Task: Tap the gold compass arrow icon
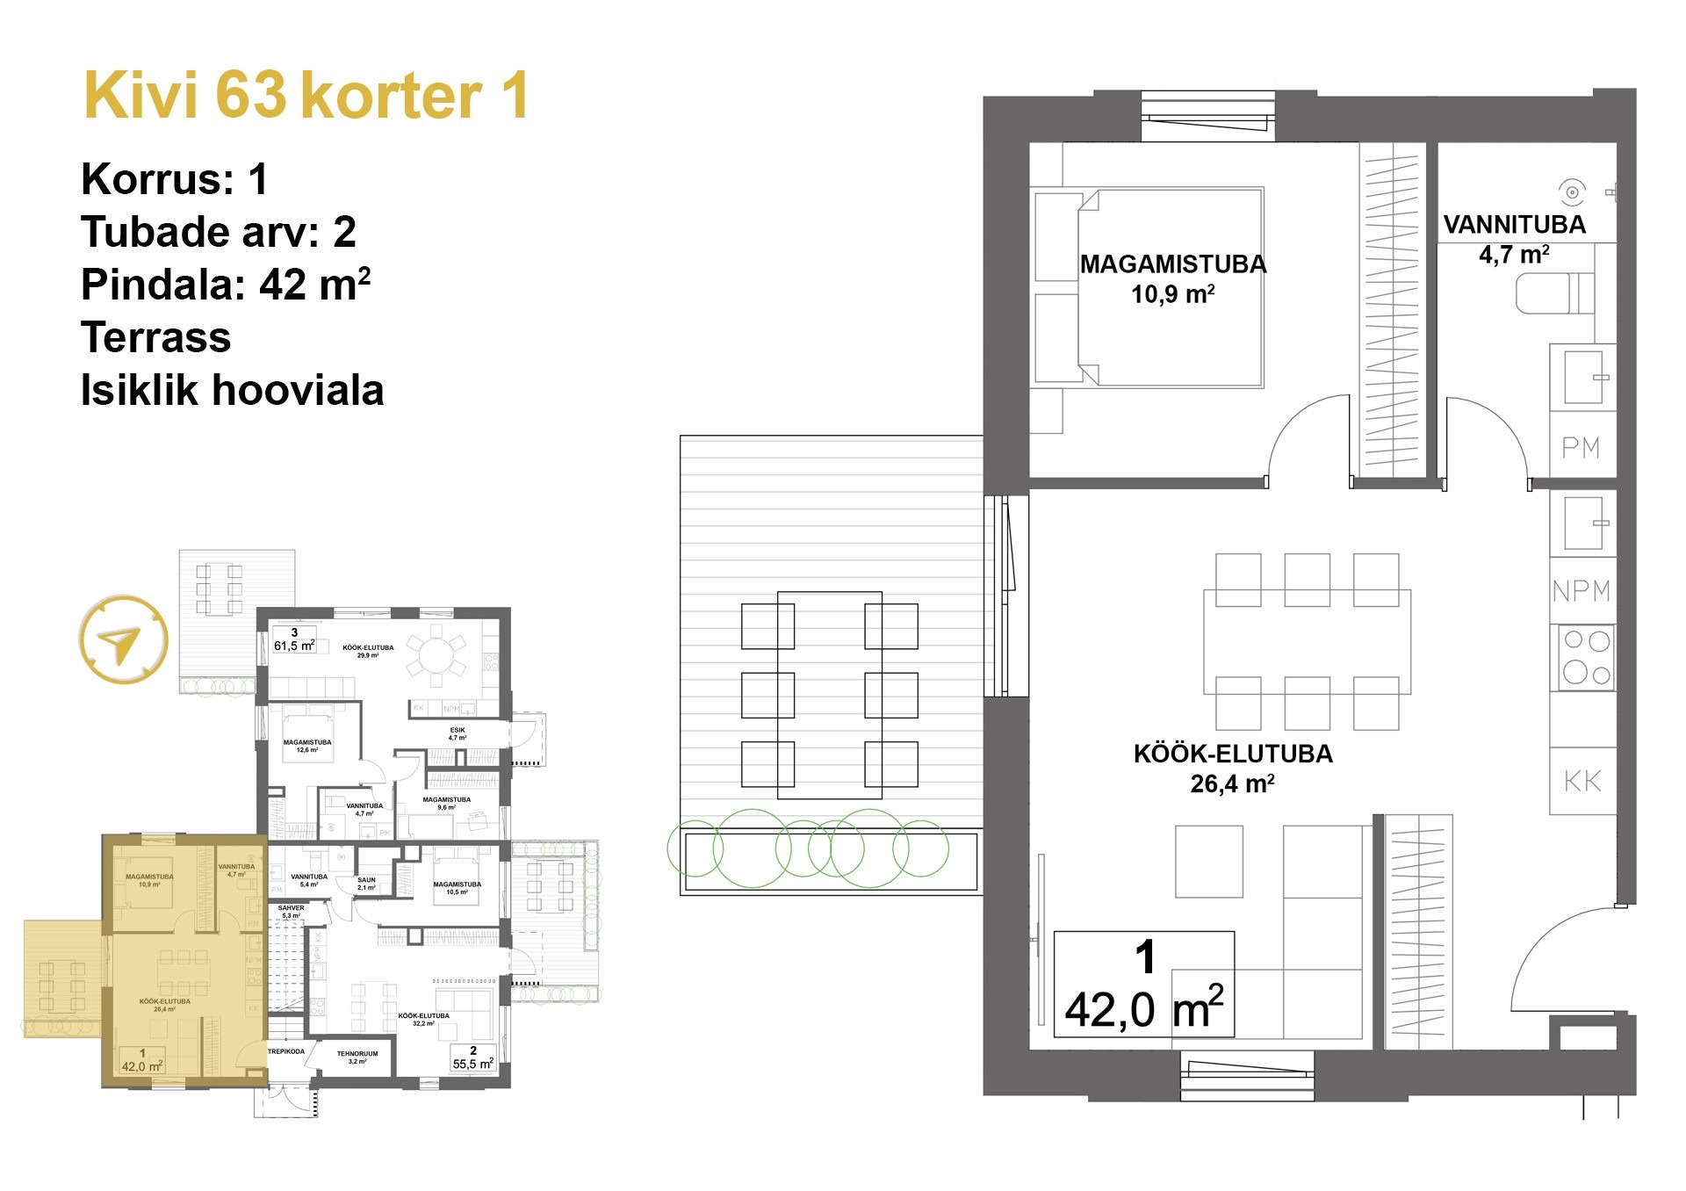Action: [122, 639]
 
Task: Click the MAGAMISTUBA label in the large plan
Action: [1172, 264]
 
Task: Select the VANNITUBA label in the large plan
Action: [1514, 225]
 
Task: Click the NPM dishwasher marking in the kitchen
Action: [1581, 591]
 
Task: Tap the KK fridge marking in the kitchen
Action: [1582, 781]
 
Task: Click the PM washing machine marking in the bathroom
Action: [1581, 448]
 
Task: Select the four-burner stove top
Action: [1586, 657]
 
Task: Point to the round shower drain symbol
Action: [1572, 191]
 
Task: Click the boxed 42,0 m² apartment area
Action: [1143, 985]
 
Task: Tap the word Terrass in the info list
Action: [156, 337]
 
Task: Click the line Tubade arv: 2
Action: [219, 232]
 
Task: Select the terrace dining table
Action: [829, 695]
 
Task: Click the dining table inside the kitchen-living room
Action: [1307, 641]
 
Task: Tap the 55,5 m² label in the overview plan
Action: [472, 1058]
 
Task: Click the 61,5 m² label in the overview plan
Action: [294, 640]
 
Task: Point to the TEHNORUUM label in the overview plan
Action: [357, 1054]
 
